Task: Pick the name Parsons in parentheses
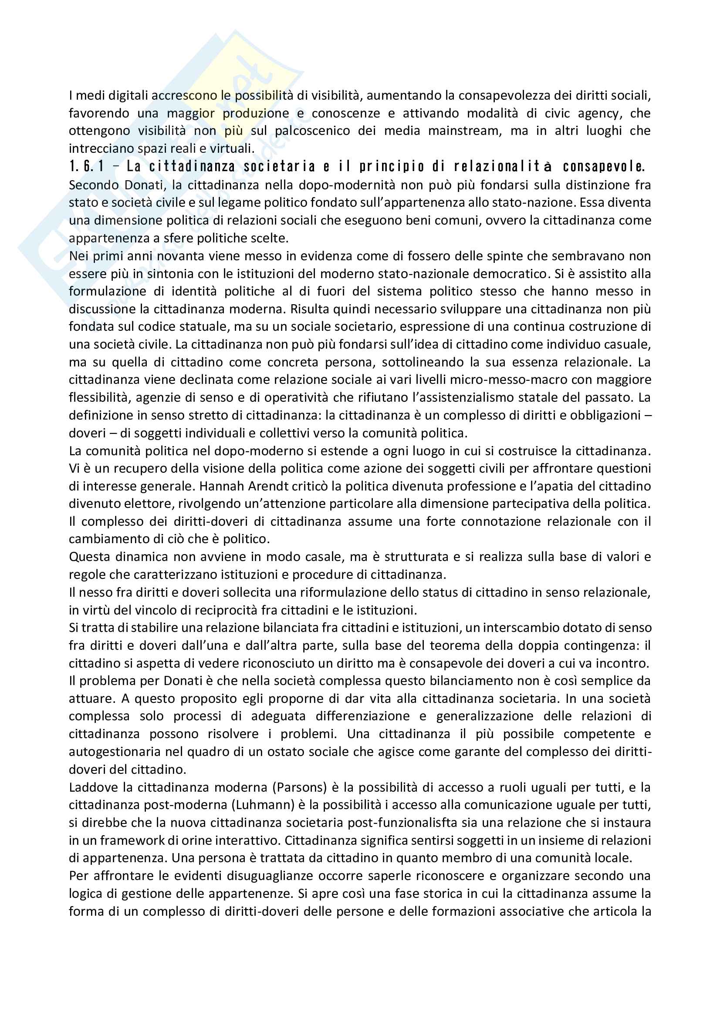299,787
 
